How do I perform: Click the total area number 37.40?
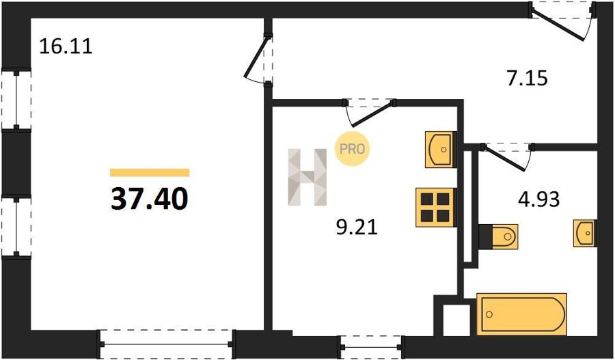(150, 198)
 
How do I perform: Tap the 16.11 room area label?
(66, 46)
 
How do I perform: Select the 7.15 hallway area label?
(525, 78)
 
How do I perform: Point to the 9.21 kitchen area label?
(357, 227)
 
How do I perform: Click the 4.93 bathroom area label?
(538, 199)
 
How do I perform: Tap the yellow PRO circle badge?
(352, 149)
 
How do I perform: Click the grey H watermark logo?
(307, 177)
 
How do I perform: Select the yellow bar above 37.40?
(150, 173)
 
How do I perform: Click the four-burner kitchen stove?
(436, 208)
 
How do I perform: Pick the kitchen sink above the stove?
(441, 150)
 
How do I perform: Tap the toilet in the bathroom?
(498, 236)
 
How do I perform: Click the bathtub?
(521, 314)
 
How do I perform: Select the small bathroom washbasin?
(585, 233)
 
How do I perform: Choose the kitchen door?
(369, 113)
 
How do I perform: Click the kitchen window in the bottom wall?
(370, 346)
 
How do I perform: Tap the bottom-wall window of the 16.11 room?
(167, 344)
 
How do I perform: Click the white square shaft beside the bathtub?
(456, 320)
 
